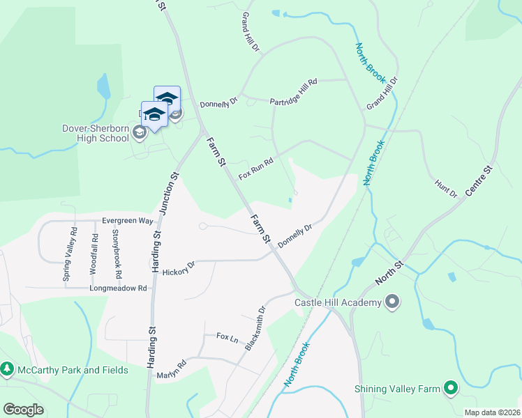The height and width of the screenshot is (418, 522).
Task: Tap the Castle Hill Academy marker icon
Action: (x=392, y=302)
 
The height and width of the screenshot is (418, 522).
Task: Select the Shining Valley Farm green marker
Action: (x=451, y=388)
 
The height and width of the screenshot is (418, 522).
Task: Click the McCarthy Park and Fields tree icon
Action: (x=7, y=369)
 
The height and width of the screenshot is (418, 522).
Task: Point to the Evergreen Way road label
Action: (x=127, y=221)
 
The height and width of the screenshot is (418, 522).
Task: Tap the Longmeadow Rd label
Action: (x=118, y=288)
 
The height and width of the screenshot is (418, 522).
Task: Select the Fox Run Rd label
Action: (x=255, y=168)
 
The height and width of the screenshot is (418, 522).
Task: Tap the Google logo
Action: (x=23, y=410)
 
